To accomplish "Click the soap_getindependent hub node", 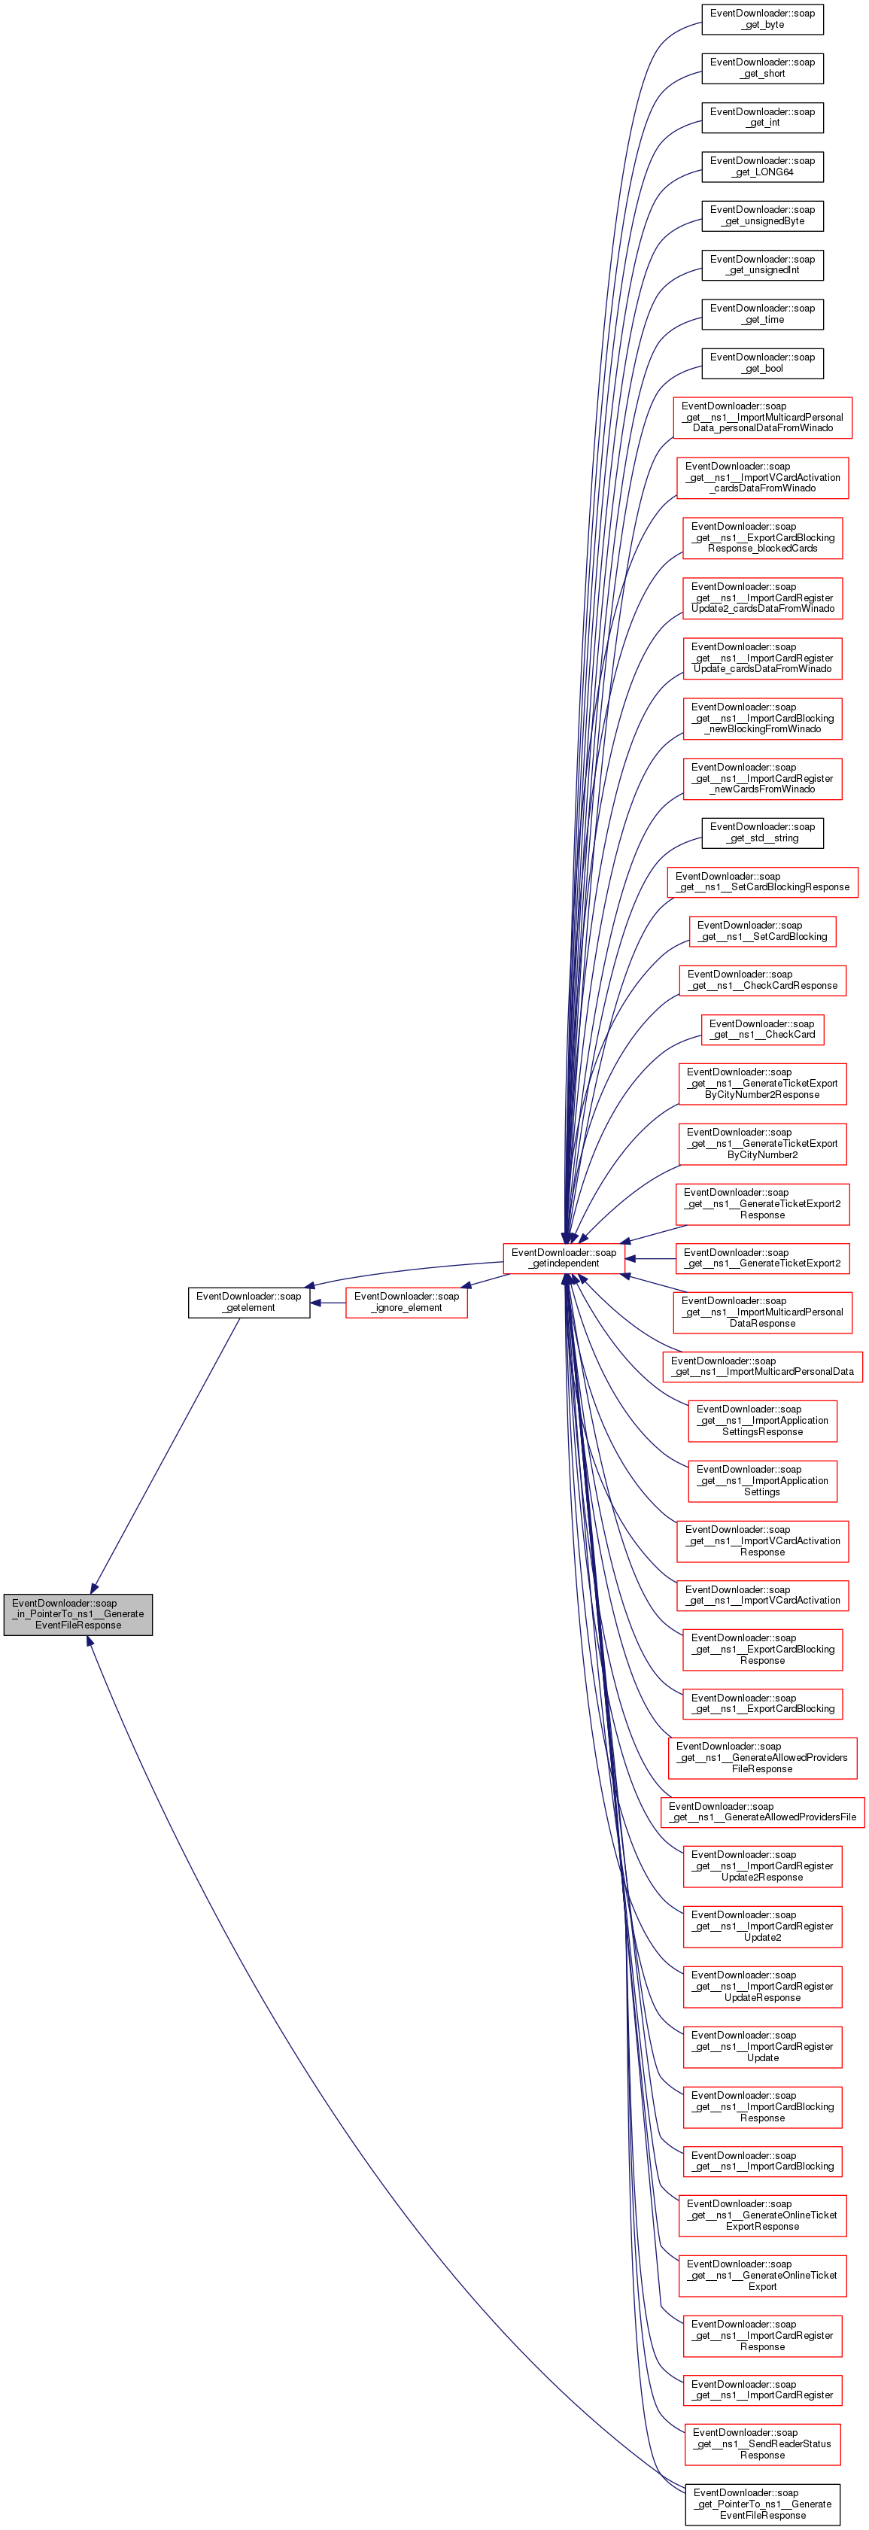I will (564, 1257).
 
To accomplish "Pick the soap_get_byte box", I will (762, 19).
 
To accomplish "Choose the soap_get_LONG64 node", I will (762, 166).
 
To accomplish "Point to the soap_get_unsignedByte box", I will (762, 215).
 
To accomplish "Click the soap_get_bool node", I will (762, 363).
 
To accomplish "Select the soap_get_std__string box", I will (762, 832).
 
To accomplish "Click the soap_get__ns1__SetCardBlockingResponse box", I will (762, 881).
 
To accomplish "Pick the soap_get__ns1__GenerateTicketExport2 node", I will (762, 1257).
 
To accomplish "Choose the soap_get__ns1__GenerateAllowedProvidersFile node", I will (762, 1811).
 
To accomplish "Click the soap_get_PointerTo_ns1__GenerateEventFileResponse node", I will (762, 2504).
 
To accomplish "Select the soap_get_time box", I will (762, 313).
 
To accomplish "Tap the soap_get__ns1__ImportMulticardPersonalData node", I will (762, 1365).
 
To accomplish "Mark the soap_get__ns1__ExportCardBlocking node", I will (762, 1703).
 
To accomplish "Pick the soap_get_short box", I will (762, 68).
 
